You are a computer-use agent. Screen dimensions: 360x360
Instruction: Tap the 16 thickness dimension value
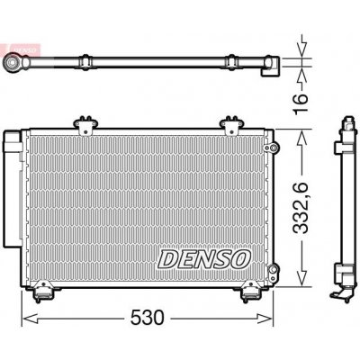(x=301, y=103)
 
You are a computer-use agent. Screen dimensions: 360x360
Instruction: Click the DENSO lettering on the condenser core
(x=204, y=259)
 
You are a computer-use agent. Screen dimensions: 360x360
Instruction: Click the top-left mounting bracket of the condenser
(x=85, y=125)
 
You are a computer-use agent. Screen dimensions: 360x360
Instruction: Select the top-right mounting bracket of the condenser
(x=231, y=125)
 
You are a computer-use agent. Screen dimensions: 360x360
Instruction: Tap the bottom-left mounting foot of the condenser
(x=41, y=292)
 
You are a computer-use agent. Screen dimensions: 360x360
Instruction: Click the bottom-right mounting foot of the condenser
(x=250, y=292)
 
